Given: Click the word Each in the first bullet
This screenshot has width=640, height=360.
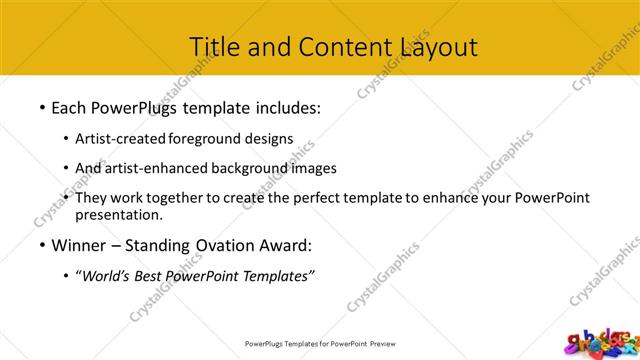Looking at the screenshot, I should pos(70,105).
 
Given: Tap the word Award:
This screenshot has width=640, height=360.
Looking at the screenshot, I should pos(287,244).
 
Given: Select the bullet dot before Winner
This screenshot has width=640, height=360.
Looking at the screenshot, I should pos(41,245).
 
